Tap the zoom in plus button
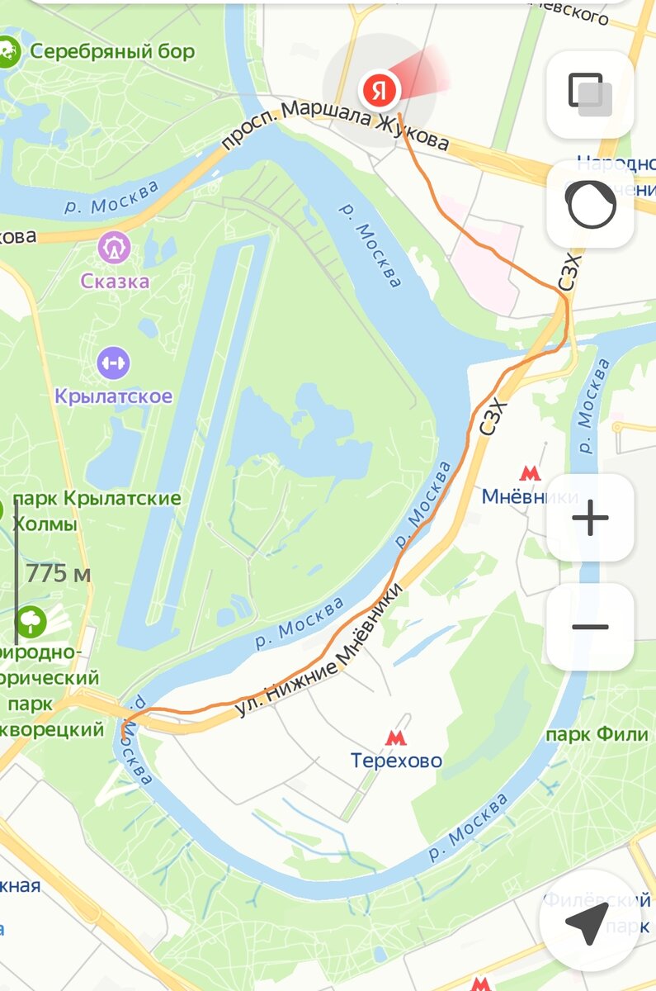[x=590, y=519]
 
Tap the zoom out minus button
[x=590, y=627]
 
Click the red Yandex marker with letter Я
[x=379, y=88]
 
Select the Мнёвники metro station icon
[x=528, y=473]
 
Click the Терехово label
[x=396, y=761]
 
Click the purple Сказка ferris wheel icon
[x=114, y=247]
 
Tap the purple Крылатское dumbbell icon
[x=113, y=362]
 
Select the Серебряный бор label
[x=112, y=52]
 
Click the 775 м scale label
[x=58, y=573]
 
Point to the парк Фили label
[x=592, y=735]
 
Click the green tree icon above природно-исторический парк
[x=31, y=621]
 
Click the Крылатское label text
[x=114, y=396]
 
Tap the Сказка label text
[x=115, y=281]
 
